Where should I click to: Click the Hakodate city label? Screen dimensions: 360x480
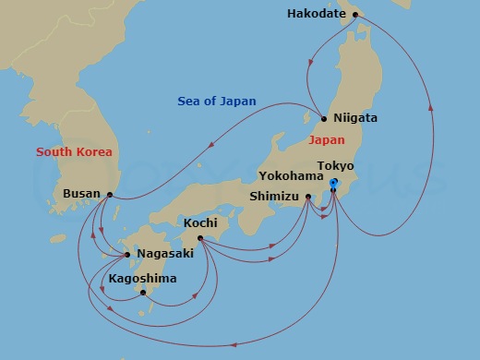[316, 15]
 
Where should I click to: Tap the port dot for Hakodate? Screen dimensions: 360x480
[355, 15]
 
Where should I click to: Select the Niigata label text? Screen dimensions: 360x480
[354, 119]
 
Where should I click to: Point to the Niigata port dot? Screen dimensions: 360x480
[323, 119]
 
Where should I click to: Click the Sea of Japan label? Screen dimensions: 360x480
[217, 102]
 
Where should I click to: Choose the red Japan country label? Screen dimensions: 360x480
[326, 140]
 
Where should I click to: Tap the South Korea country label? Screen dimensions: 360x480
[74, 151]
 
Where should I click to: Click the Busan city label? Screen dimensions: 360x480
[81, 195]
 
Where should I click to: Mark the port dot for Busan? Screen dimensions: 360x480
[110, 195]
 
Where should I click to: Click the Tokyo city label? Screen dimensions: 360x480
[335, 165]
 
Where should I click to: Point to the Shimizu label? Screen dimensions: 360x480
[275, 196]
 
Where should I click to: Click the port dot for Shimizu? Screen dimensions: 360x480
[308, 196]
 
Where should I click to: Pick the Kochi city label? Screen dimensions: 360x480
[200, 223]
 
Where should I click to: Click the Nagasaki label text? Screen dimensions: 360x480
[164, 254]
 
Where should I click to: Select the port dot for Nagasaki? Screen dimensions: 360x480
[127, 254]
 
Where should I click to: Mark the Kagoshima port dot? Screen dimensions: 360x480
[142, 293]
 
